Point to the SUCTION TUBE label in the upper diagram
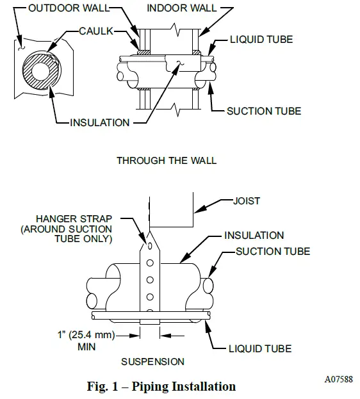[x=263, y=111]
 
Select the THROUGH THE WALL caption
[x=167, y=160]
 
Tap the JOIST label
[x=247, y=201]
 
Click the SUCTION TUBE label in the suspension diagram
[x=273, y=251]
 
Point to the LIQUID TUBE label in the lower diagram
[x=260, y=349]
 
